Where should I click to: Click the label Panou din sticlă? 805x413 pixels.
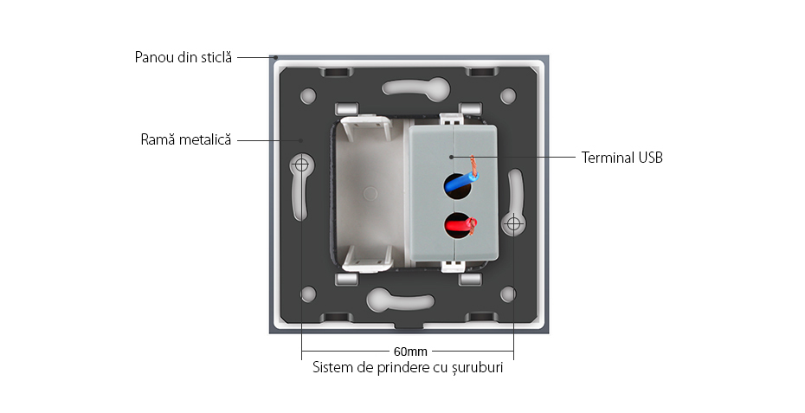(x=184, y=58)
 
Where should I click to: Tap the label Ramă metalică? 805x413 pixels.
(x=186, y=139)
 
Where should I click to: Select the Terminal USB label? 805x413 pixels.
(x=622, y=158)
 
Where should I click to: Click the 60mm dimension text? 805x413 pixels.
(x=409, y=352)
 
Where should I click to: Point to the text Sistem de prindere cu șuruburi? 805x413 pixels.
(x=408, y=367)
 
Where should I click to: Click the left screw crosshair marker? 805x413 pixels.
(x=302, y=163)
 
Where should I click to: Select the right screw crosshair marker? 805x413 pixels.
(x=514, y=224)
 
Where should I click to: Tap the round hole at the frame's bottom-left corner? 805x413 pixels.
(x=307, y=294)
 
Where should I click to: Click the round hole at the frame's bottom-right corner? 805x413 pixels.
(x=509, y=294)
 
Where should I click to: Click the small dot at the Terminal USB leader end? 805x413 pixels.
(x=452, y=158)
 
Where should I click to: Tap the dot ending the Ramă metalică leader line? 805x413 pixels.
(x=300, y=139)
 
